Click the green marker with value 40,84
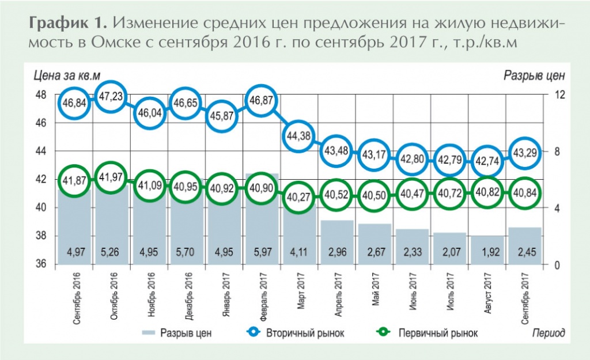pos(526,192)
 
